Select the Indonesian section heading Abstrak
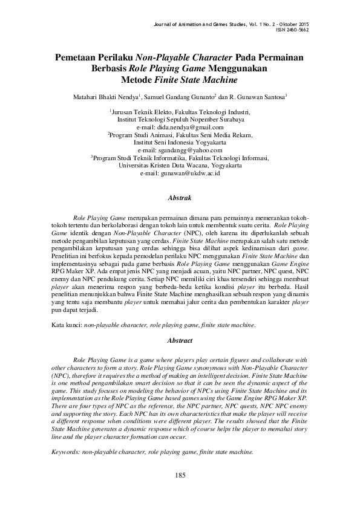(x=180, y=198)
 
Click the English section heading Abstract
(x=180, y=341)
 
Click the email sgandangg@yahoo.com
(x=180, y=149)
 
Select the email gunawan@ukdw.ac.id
(x=180, y=172)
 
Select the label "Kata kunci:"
(x=66, y=325)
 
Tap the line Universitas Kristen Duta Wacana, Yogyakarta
(x=180, y=165)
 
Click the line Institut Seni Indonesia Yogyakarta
(x=180, y=142)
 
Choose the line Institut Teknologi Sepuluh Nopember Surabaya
(x=180, y=120)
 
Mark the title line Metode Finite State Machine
(x=180, y=80)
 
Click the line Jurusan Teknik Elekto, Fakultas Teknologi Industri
(x=180, y=112)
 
